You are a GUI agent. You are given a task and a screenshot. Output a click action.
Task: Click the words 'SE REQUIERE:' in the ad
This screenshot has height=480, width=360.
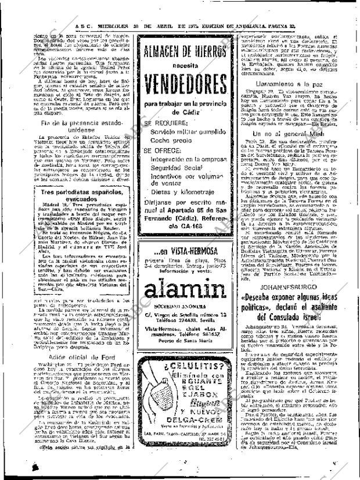pos(165,124)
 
